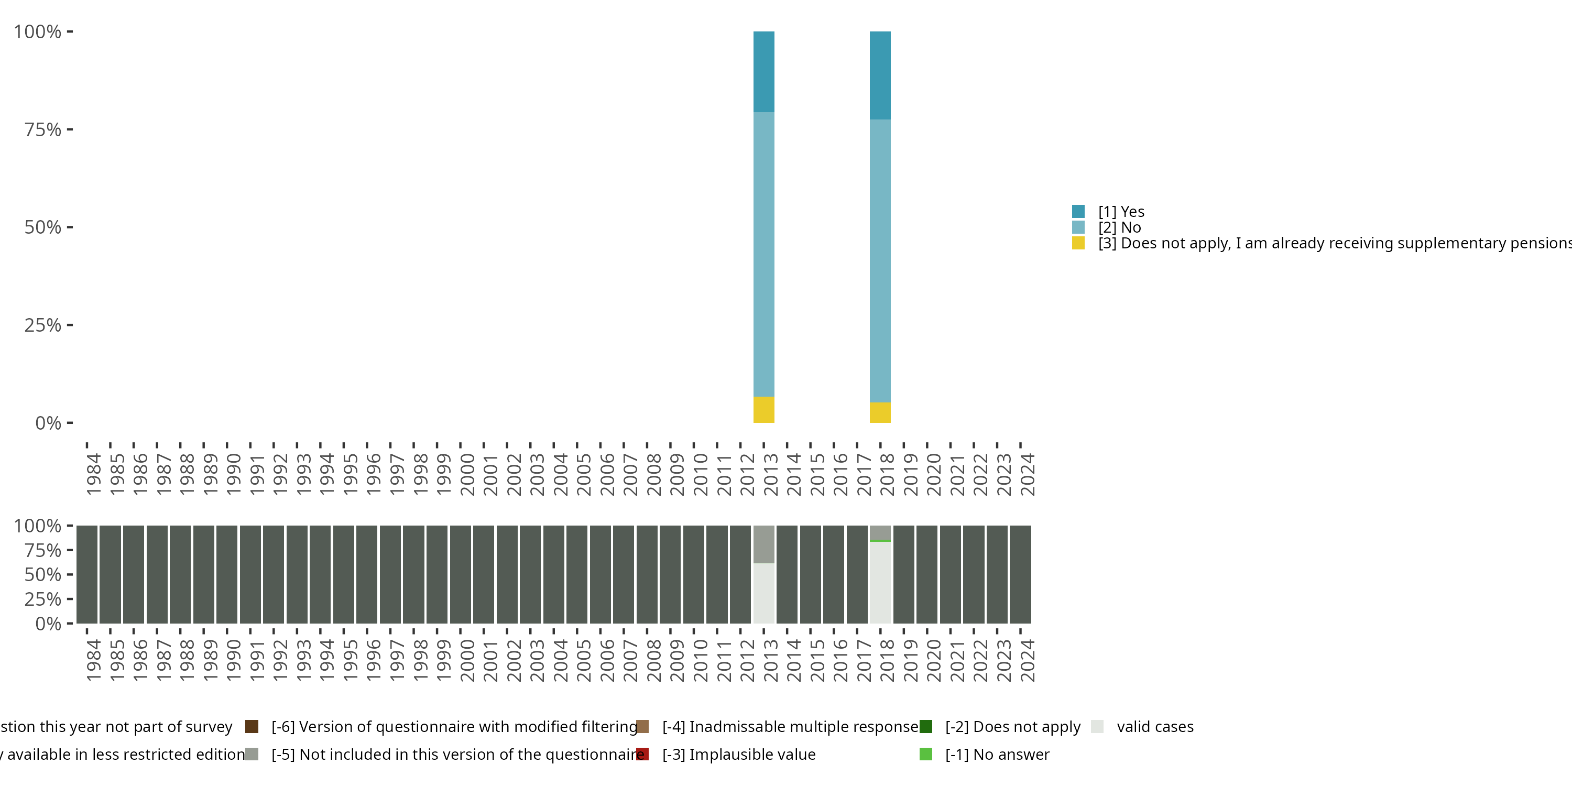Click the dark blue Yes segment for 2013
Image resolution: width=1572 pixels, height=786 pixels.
763,71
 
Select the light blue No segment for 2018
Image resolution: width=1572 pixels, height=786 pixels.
879,260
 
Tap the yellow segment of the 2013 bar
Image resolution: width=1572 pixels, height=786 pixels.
763,409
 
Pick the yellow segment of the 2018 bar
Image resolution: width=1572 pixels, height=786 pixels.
879,412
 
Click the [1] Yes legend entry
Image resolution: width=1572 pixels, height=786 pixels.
1120,212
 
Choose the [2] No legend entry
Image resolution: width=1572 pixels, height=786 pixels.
1119,227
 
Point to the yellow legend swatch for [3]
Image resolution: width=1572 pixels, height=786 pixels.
1078,244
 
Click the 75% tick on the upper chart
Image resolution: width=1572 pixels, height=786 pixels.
43,129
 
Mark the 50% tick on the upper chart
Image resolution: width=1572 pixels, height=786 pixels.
43,227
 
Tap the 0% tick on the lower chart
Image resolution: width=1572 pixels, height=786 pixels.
48,624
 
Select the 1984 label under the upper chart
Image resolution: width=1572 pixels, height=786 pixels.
93,474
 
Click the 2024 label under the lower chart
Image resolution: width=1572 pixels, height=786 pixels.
1027,660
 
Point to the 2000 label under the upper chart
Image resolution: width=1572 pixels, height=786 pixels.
467,474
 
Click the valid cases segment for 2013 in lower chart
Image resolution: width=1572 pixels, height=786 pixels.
763,593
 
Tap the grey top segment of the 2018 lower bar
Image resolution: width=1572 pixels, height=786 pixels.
879,532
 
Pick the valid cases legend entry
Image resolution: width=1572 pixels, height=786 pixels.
1154,727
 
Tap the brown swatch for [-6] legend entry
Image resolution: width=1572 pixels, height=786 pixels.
252,727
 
